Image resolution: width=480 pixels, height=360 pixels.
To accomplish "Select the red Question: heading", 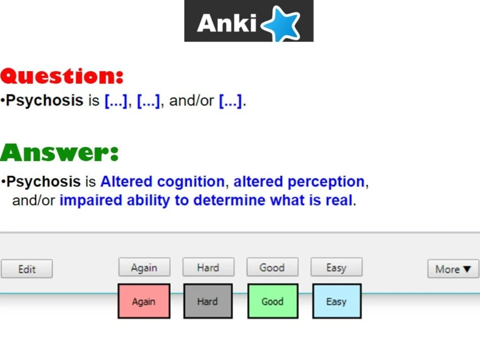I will click(x=62, y=76).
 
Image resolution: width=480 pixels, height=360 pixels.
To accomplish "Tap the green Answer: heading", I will click(x=59, y=153).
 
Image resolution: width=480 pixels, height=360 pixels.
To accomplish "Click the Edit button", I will click(x=27, y=269).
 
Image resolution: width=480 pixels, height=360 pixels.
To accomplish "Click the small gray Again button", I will click(x=144, y=267).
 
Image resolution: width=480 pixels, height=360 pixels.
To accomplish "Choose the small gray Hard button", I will click(x=208, y=267).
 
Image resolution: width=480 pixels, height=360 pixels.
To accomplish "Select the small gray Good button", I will click(x=272, y=267).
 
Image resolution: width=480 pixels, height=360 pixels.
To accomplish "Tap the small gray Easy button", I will click(x=336, y=267).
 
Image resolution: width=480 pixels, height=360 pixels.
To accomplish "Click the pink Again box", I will click(x=144, y=301).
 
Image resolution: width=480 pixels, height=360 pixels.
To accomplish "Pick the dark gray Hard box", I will click(x=208, y=301).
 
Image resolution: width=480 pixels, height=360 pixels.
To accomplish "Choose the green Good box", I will click(x=272, y=301).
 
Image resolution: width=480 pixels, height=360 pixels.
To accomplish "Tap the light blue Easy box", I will click(x=336, y=301).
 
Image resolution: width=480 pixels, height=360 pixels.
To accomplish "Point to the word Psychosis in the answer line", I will click(x=43, y=182).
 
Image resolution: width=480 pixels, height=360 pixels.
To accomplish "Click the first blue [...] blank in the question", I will click(x=116, y=101).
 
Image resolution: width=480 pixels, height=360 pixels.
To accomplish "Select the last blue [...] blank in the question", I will click(x=230, y=101).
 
